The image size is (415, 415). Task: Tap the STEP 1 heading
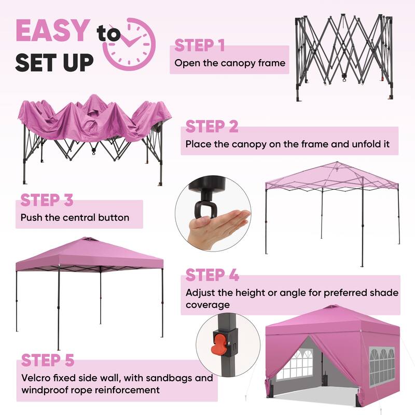click(x=200, y=45)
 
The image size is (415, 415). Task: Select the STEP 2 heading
click(x=212, y=126)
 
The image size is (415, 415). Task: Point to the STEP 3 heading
click(x=47, y=200)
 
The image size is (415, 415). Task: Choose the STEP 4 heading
click(x=212, y=274)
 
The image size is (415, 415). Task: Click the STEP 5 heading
click(x=48, y=359)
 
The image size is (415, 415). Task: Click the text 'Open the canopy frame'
click(x=230, y=63)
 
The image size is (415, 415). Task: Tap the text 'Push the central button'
click(x=75, y=217)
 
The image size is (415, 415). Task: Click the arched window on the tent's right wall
click(x=383, y=363)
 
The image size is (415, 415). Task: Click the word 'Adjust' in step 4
click(x=200, y=293)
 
